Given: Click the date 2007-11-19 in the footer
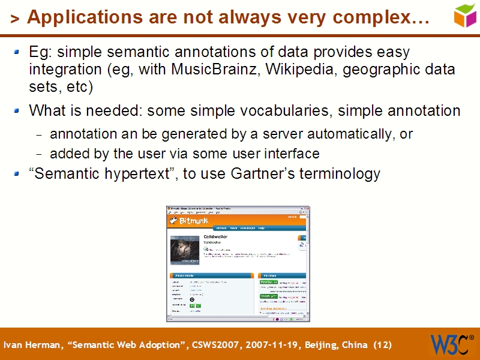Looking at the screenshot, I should pyautogui.click(x=268, y=345).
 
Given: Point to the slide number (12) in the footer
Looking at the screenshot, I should pyautogui.click(x=382, y=345).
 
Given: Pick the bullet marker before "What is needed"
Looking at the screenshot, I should pyautogui.click(x=19, y=110).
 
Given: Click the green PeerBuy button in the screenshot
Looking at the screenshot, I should pyautogui.click(x=268, y=282).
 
